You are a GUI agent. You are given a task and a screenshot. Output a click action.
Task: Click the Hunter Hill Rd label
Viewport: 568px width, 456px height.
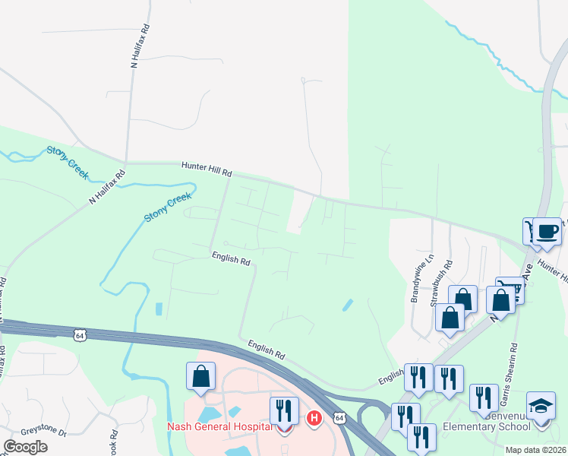[x=206, y=169]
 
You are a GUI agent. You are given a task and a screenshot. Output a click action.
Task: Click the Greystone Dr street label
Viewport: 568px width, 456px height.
[x=43, y=432]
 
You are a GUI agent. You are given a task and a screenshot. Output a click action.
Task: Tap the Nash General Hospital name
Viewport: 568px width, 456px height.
[x=219, y=426]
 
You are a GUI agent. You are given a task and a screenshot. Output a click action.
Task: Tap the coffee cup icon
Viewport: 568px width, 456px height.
[x=547, y=230]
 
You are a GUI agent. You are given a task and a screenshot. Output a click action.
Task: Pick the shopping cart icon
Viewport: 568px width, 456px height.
[x=510, y=289]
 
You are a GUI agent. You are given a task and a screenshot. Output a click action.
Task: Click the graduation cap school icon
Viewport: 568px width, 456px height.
[x=541, y=405]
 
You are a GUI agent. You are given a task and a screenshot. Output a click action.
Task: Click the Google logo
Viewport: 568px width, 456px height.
[x=25, y=447]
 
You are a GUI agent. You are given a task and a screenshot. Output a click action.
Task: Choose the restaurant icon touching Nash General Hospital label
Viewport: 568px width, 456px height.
[x=284, y=411]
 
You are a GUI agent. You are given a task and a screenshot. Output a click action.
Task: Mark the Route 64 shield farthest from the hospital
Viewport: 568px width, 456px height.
[x=79, y=334]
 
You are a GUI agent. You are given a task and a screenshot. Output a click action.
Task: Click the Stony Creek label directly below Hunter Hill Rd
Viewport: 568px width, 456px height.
[x=167, y=207]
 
